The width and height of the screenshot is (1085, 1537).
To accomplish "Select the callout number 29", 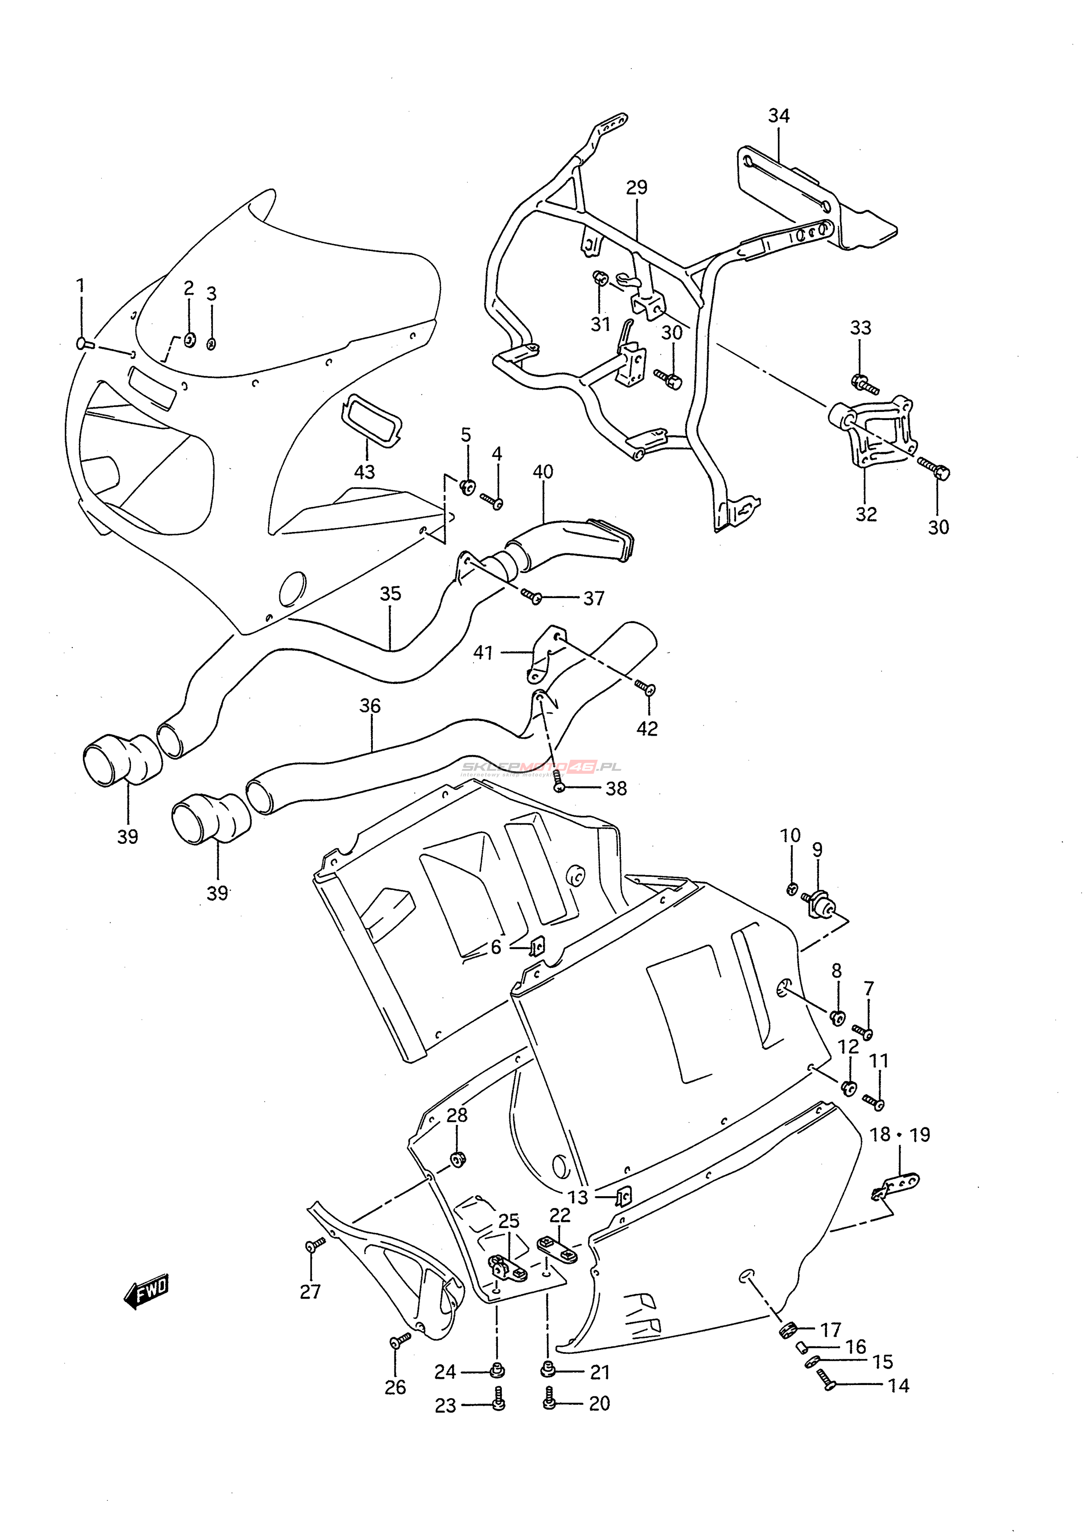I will click(637, 188).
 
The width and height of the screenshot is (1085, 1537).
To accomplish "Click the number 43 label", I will click(364, 472).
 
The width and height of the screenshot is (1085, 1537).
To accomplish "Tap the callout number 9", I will click(817, 850).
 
